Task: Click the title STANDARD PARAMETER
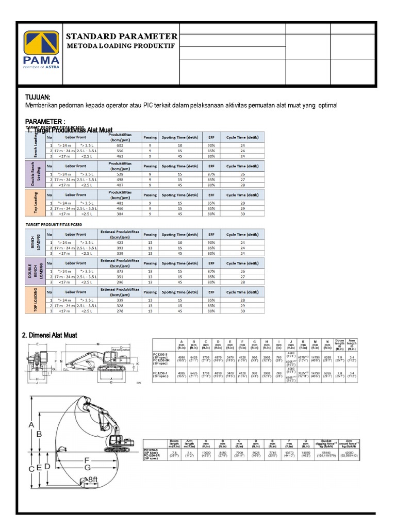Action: (122, 37)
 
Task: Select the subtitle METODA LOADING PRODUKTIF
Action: (120, 46)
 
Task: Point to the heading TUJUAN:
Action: (38, 97)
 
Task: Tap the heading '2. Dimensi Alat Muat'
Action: (49, 335)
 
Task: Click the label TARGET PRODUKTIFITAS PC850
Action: (55, 225)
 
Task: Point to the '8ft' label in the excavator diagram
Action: (93, 480)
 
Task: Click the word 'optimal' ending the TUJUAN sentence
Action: (328, 106)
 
